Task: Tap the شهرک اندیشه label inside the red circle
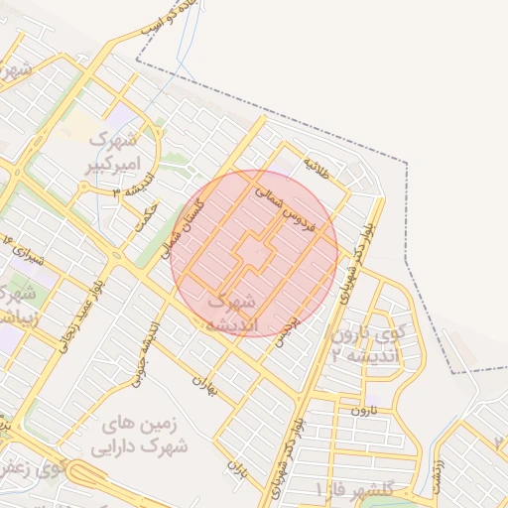click(x=235, y=312)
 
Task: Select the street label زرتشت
click(x=440, y=478)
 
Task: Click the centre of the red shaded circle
click(x=254, y=253)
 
